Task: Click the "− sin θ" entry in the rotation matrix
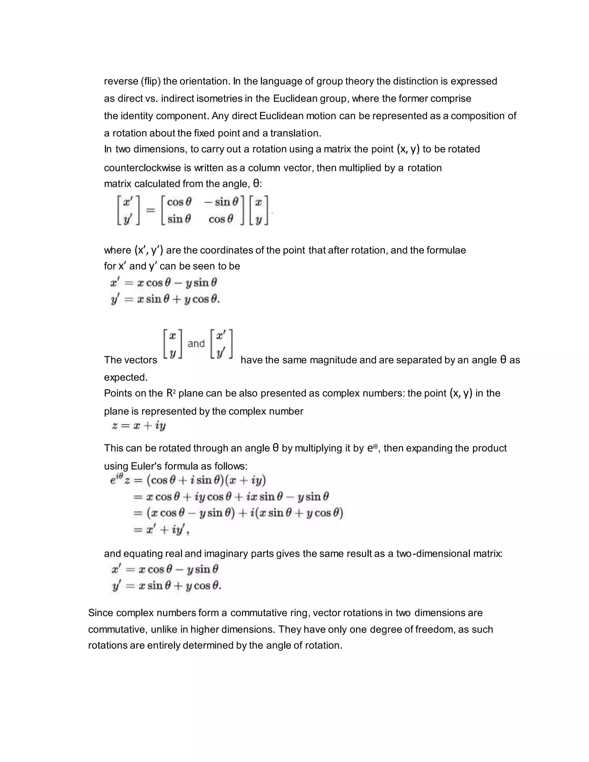pos(221,202)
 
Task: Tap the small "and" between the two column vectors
pos(196,344)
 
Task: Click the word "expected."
pos(126,377)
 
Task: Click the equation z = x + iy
pos(139,426)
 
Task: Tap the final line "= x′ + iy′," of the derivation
pos(161,530)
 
